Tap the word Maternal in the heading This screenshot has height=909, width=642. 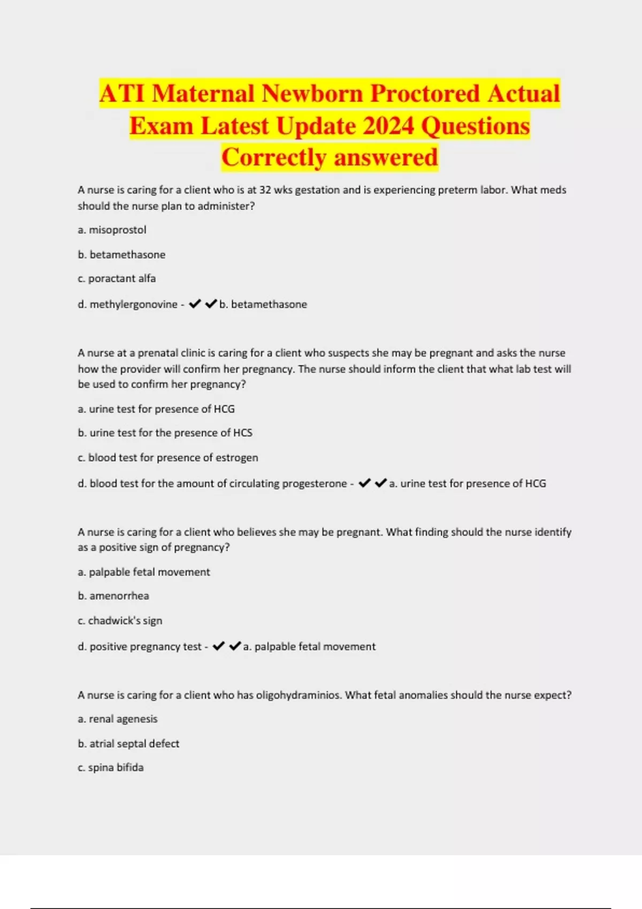(x=203, y=94)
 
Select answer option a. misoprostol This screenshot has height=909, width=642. (x=112, y=230)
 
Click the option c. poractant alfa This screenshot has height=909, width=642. (x=117, y=279)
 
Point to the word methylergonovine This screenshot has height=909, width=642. (x=133, y=304)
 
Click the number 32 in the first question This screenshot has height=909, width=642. (x=265, y=190)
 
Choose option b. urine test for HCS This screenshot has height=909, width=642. (x=165, y=433)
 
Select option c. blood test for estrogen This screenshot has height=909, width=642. (x=167, y=458)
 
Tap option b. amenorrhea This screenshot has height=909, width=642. (x=113, y=596)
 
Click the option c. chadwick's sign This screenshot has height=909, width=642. (x=120, y=621)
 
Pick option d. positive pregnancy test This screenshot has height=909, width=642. (x=140, y=646)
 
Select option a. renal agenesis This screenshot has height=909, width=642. (x=118, y=719)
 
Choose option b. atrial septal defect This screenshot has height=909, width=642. (x=128, y=744)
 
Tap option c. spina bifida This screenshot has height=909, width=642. (x=111, y=768)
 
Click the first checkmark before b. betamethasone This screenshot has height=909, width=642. (x=195, y=304)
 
